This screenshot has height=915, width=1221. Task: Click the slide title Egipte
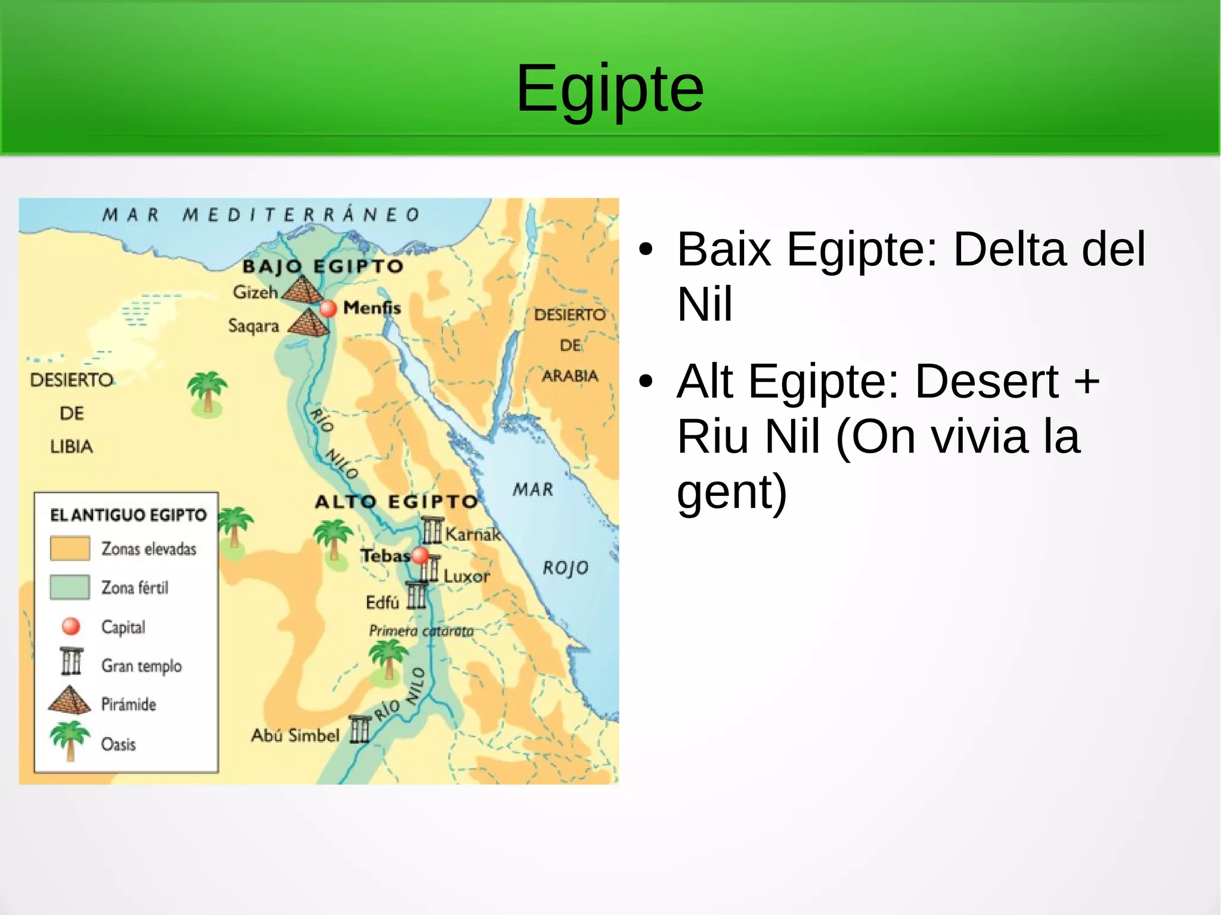coord(610,89)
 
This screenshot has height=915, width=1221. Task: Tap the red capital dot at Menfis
coord(328,309)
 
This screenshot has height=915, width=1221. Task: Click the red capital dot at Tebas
coord(420,555)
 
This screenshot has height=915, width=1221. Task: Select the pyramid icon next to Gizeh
coord(303,290)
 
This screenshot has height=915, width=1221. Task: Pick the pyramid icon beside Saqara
coord(309,324)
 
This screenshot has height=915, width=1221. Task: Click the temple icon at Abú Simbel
coord(360,730)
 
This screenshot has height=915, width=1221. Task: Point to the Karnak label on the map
coord(473,534)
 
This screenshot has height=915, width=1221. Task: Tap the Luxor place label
coord(466,576)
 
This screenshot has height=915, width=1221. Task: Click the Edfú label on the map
coord(382,603)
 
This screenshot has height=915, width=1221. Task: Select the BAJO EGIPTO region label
coord(323,266)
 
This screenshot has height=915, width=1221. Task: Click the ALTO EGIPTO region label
coord(396,502)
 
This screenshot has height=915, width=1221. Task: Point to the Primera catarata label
coord(421,631)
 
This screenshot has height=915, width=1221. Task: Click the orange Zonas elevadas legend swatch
coord(70,548)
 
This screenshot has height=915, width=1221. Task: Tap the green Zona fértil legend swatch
coord(70,587)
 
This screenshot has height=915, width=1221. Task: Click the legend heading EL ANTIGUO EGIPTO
coord(128,515)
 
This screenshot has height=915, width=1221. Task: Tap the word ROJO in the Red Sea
coord(565,568)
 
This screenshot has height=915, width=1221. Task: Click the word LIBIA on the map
coord(72,446)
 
